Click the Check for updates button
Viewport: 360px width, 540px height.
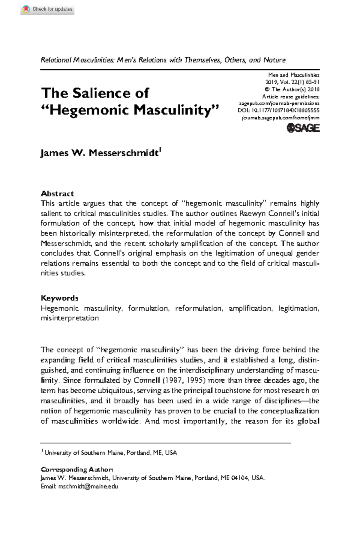(x=47, y=9)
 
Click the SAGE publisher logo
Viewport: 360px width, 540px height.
(x=303, y=128)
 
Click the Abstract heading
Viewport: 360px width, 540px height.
(x=57, y=193)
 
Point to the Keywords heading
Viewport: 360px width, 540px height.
(x=59, y=298)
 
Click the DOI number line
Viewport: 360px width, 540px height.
(x=278, y=110)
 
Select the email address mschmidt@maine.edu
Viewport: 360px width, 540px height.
(x=88, y=486)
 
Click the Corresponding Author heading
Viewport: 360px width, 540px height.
(x=77, y=469)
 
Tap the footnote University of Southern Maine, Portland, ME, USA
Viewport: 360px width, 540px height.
(x=110, y=452)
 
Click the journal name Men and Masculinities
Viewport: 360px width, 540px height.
(x=294, y=75)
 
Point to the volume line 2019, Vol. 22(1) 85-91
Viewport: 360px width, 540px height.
(x=292, y=82)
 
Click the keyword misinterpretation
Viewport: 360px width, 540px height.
(x=70, y=318)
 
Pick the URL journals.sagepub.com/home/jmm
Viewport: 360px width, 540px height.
(x=280, y=118)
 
